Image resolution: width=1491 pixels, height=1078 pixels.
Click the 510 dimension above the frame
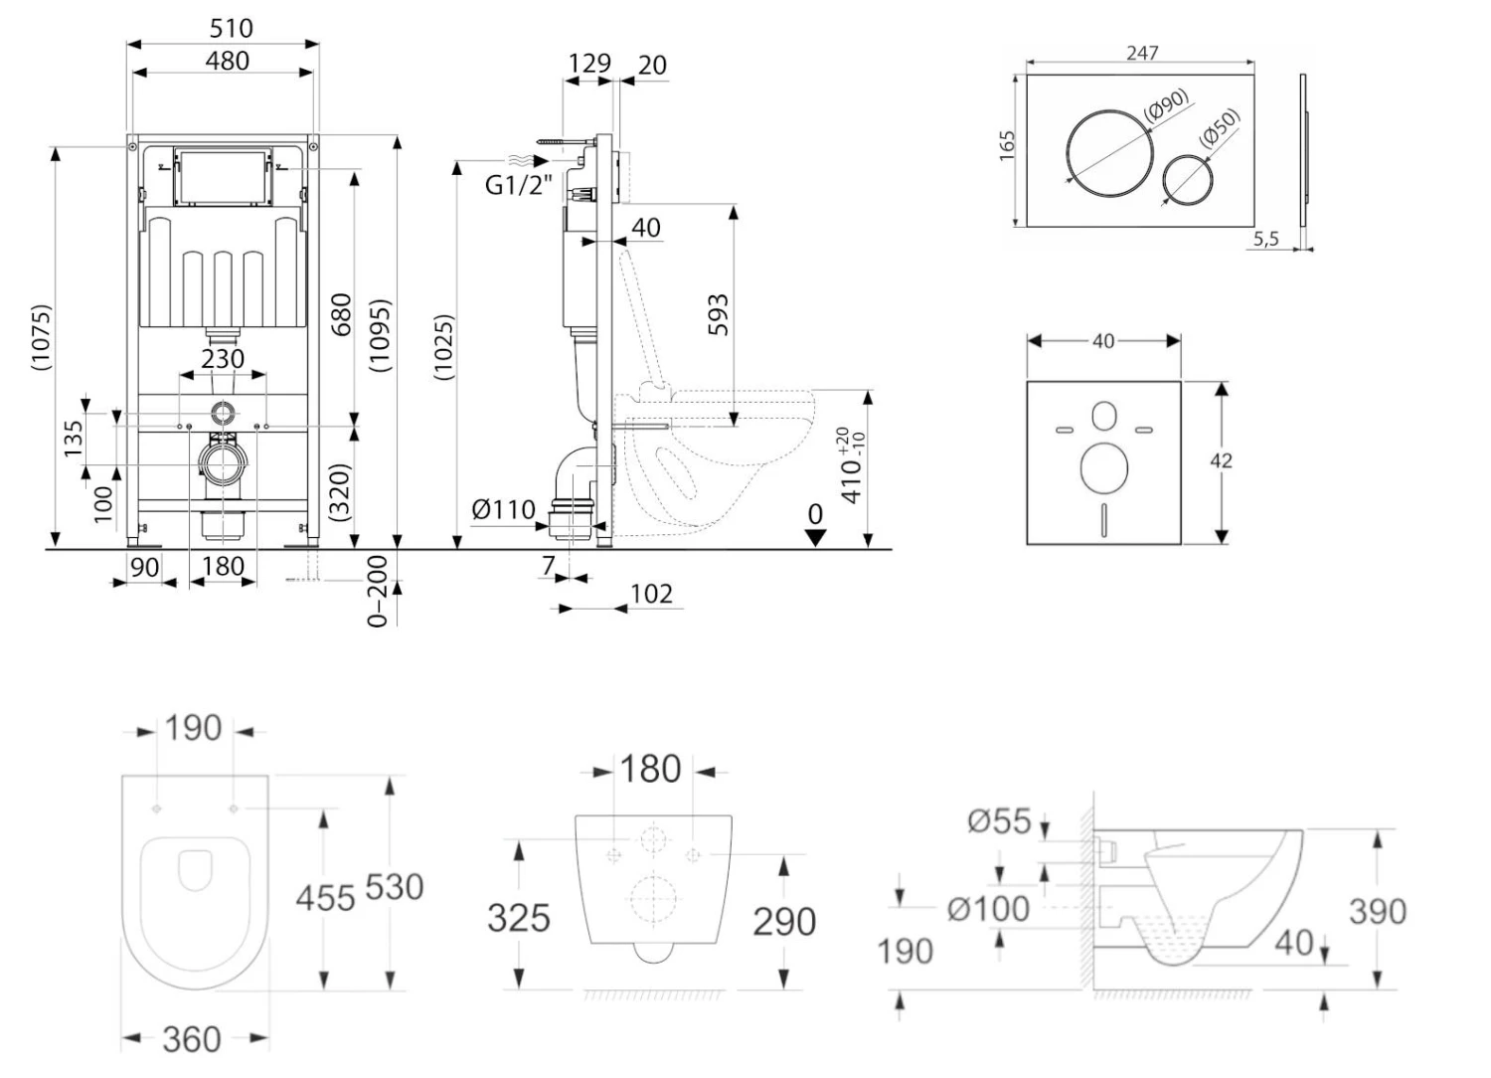[231, 28]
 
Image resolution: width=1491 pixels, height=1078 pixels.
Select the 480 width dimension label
[227, 61]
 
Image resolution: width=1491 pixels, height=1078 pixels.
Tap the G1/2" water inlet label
[518, 184]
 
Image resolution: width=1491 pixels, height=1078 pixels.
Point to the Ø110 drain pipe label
[503, 510]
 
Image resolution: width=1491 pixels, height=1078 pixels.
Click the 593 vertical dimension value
[719, 314]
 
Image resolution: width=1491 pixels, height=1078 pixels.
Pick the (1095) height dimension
[380, 336]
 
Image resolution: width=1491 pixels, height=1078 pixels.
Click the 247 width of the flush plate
[1142, 52]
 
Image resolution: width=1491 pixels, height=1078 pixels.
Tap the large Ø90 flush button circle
[1110, 152]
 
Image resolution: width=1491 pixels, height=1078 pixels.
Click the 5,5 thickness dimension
[1265, 239]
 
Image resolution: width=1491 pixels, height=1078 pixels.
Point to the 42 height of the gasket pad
[1221, 460]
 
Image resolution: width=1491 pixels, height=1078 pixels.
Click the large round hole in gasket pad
[1103, 467]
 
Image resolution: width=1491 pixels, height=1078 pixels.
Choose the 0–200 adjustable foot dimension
[378, 591]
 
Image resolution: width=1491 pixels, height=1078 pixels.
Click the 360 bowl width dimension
[191, 1039]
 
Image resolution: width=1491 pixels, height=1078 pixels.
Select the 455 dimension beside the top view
[325, 898]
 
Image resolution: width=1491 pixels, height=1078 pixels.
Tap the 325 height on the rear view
[518, 918]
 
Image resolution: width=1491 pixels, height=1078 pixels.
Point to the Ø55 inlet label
[999, 820]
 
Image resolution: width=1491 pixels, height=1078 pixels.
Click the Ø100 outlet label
[988, 908]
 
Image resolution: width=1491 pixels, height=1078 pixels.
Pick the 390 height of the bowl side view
[1377, 911]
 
